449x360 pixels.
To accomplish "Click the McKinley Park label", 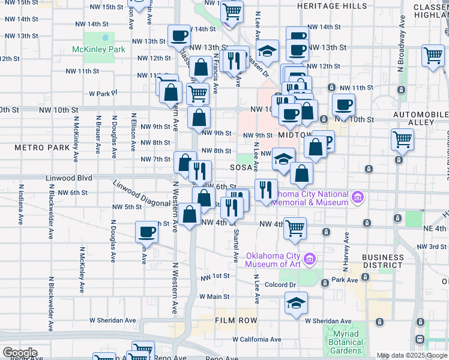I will [x=98, y=49].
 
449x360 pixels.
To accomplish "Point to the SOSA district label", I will [x=243, y=168].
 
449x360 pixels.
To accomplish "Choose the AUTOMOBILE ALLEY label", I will [x=413, y=118].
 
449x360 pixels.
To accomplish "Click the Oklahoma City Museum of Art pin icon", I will [x=310, y=259].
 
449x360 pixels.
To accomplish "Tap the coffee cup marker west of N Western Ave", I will [x=147, y=232].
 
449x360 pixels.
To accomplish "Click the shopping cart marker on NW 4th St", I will [x=294, y=229].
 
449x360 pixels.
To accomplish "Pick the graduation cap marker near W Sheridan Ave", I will [x=296, y=303].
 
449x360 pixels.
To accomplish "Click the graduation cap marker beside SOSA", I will [x=284, y=159].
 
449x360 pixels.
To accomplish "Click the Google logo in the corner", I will [x=20, y=353].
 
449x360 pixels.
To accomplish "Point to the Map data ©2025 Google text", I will [x=411, y=356].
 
